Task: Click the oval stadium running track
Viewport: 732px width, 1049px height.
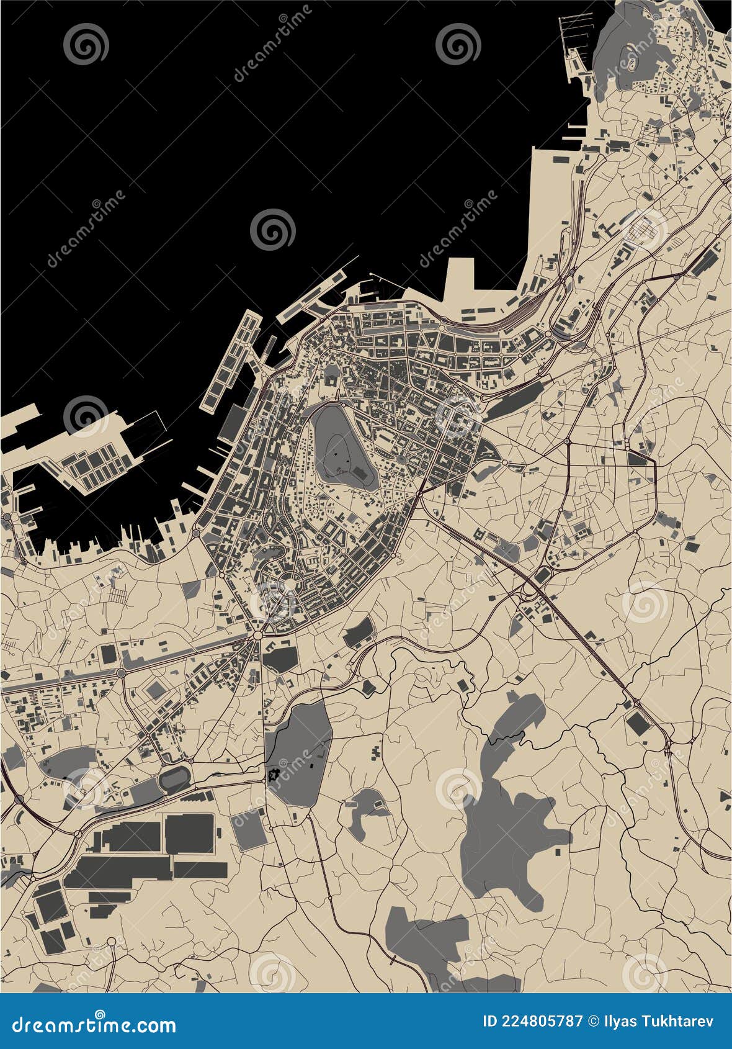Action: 174,778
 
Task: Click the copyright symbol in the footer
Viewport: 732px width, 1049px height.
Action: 594,1021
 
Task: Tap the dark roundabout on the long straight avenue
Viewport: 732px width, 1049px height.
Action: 122,673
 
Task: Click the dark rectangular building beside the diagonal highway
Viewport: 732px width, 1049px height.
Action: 636,723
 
